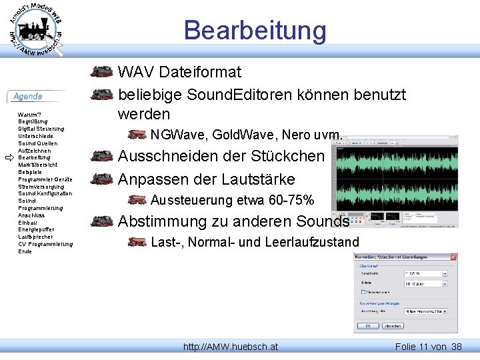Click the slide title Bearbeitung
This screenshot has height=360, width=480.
(255, 30)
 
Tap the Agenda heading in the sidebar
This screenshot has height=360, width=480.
(28, 97)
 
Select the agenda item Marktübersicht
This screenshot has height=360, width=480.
(37, 165)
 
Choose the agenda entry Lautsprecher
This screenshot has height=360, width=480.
(36, 237)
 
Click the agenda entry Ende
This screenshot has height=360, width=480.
(25, 251)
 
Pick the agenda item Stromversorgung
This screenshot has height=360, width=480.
(40, 187)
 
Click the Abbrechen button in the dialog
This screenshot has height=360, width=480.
(394, 326)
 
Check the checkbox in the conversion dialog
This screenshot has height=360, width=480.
(363, 292)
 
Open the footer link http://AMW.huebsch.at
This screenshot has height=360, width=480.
(231, 347)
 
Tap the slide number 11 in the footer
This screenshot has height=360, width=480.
(424, 347)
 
